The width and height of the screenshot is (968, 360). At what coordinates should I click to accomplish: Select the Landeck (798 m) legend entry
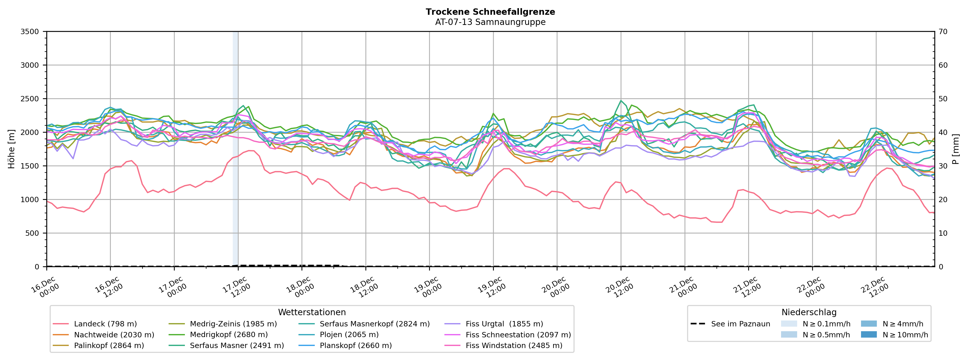tap(105, 324)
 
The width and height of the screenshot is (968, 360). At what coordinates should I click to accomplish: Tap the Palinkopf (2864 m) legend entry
tap(109, 345)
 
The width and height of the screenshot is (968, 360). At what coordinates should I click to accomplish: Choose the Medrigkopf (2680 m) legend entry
tap(228, 335)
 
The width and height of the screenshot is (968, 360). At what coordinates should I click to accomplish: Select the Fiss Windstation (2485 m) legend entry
tap(514, 345)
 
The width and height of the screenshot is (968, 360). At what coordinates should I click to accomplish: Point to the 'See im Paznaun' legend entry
tap(740, 324)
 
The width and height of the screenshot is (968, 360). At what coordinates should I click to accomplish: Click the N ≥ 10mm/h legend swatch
tap(868, 335)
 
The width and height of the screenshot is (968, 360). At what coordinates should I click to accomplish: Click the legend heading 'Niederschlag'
tap(809, 312)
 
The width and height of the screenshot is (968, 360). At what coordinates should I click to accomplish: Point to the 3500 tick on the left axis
tap(30, 32)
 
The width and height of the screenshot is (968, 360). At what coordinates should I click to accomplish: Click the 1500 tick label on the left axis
tap(30, 166)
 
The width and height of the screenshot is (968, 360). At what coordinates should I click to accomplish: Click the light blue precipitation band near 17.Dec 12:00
tap(235, 150)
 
